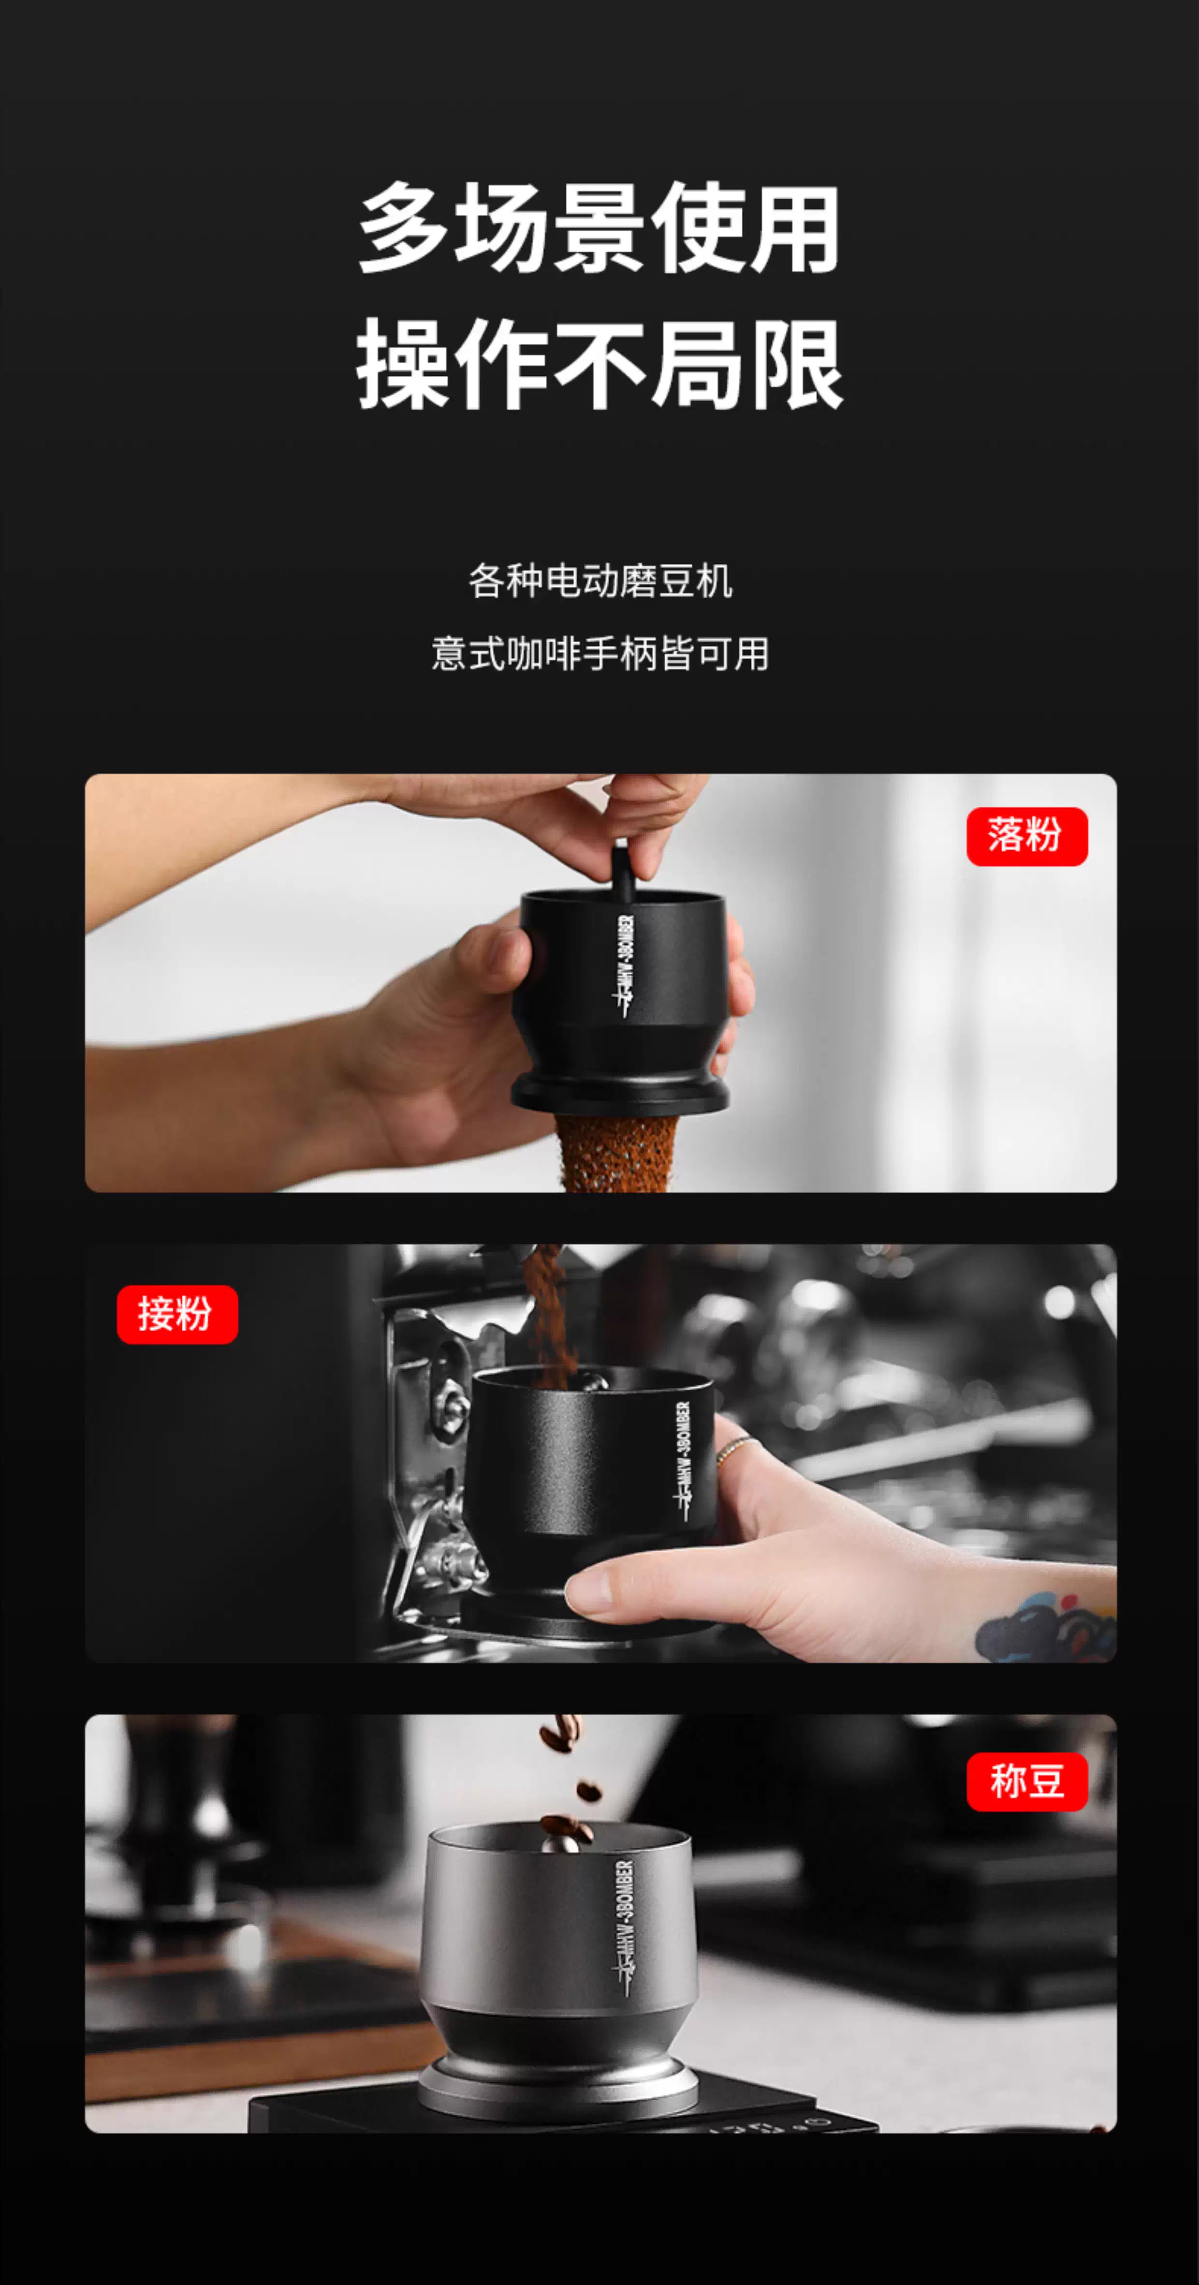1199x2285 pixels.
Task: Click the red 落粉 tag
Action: point(1027,835)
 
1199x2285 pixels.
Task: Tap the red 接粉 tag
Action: point(177,1314)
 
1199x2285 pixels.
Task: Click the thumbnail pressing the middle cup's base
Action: point(590,1593)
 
